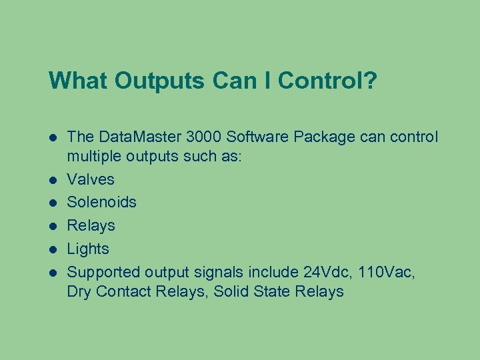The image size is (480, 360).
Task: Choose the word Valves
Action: point(91,179)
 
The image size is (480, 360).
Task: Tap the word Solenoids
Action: point(102,202)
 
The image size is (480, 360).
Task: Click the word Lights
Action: point(88,249)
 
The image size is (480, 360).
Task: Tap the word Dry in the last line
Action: point(79,291)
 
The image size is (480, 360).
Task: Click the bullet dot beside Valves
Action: point(53,179)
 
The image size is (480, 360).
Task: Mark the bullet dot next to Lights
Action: point(53,249)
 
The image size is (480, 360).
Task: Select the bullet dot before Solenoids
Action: point(53,202)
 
